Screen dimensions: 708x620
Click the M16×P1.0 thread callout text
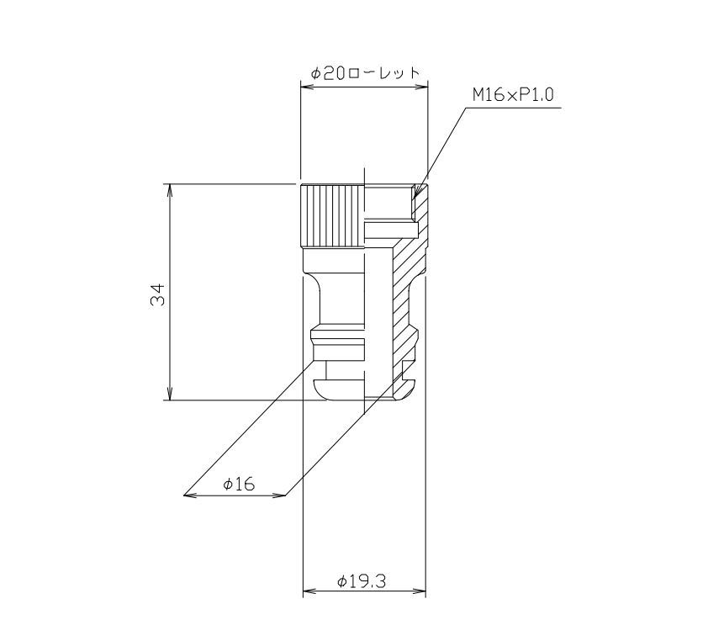513,95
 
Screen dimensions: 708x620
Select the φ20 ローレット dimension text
365,72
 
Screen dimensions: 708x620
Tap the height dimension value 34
158,294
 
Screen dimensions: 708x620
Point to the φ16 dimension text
239,485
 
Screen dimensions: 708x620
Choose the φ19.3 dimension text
362,580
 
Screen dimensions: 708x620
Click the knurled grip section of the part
332,216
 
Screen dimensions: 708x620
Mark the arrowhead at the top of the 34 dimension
170,190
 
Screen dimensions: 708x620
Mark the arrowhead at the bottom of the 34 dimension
170,394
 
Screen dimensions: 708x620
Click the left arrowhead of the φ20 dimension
308,87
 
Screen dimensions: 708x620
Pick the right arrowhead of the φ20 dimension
420,87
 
